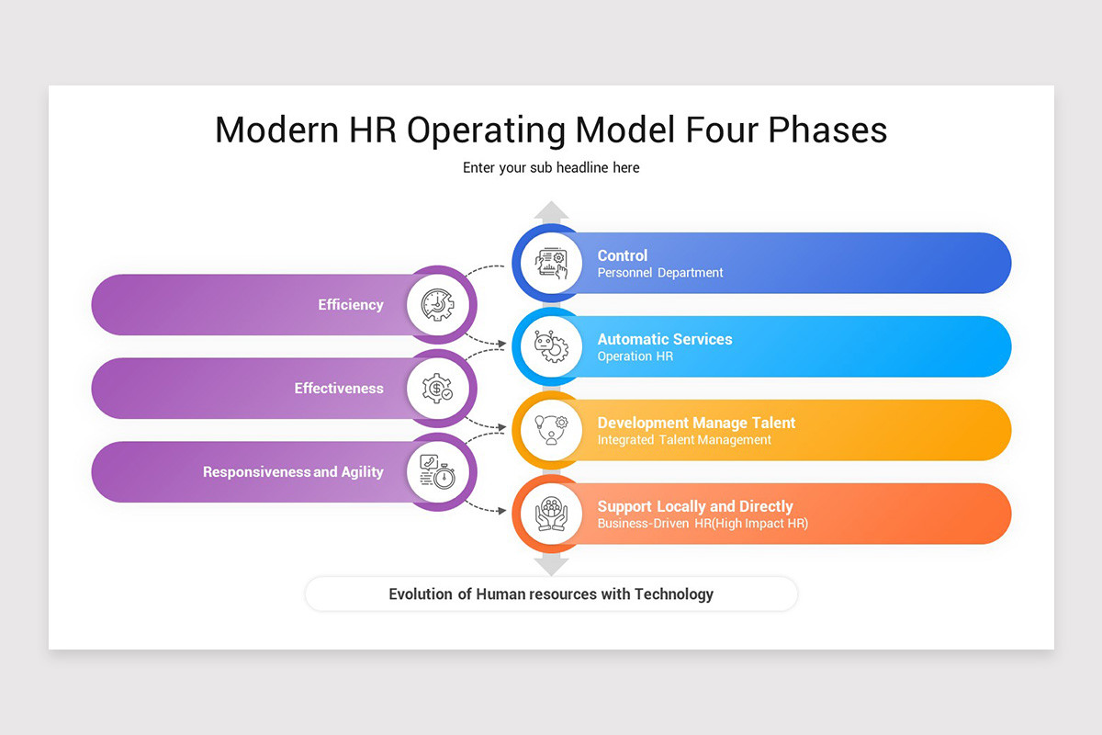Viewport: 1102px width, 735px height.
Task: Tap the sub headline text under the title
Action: click(551, 168)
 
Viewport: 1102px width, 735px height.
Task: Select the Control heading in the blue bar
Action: click(623, 255)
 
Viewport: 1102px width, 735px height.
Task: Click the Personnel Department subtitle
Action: click(660, 273)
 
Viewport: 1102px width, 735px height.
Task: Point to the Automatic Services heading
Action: click(665, 339)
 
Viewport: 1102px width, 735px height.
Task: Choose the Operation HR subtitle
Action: click(635, 356)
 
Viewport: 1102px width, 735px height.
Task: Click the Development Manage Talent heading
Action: click(696, 423)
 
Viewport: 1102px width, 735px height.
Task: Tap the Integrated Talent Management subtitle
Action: click(684, 440)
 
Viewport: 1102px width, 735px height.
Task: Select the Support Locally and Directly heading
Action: click(695, 506)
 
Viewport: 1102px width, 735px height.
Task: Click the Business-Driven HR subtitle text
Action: click(703, 524)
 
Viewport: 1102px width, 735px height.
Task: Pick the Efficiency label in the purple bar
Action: click(351, 305)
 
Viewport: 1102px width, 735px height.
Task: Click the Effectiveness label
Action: click(339, 389)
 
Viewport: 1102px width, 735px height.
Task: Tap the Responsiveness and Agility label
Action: click(293, 472)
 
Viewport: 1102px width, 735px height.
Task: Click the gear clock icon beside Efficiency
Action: click(437, 305)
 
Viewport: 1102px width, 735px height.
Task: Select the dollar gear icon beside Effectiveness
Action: click(437, 389)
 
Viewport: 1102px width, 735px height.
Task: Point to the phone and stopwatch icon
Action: click(437, 472)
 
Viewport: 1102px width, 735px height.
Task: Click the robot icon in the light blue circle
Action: click(551, 347)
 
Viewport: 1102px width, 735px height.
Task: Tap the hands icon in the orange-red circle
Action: click(551, 514)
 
